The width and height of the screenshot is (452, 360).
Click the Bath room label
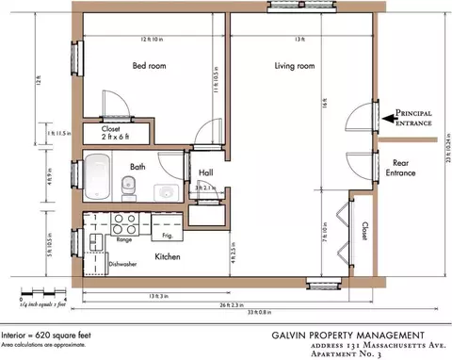[137, 167]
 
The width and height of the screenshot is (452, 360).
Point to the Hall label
[206, 172]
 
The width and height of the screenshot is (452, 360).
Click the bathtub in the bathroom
[98, 178]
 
